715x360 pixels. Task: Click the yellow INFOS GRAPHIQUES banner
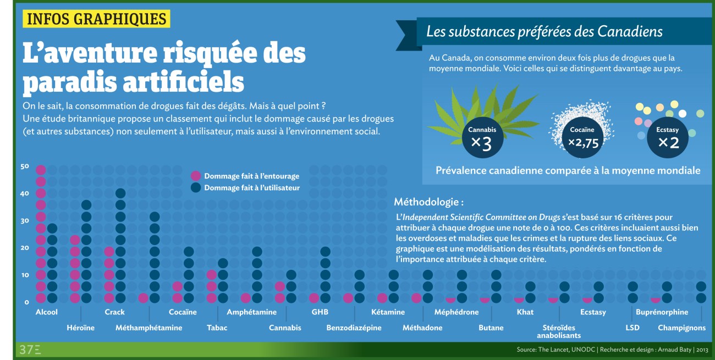tap(96, 19)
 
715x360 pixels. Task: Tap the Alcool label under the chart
tap(46, 312)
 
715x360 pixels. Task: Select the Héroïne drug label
tap(80, 328)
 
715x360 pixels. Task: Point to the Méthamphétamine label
tap(148, 328)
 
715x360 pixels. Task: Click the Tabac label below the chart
tap(217, 328)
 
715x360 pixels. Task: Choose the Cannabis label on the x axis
tap(285, 328)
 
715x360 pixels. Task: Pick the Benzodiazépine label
tap(354, 328)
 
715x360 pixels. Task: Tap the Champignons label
tap(681, 328)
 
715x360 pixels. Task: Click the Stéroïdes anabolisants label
tap(558, 331)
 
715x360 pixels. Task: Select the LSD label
tap(632, 328)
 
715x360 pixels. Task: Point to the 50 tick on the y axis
tap(24, 167)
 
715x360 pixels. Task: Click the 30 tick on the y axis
tap(24, 221)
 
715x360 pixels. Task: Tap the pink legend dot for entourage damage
tap(195, 176)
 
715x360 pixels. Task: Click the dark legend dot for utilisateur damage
tap(195, 187)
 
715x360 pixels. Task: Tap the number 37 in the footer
tap(26, 350)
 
